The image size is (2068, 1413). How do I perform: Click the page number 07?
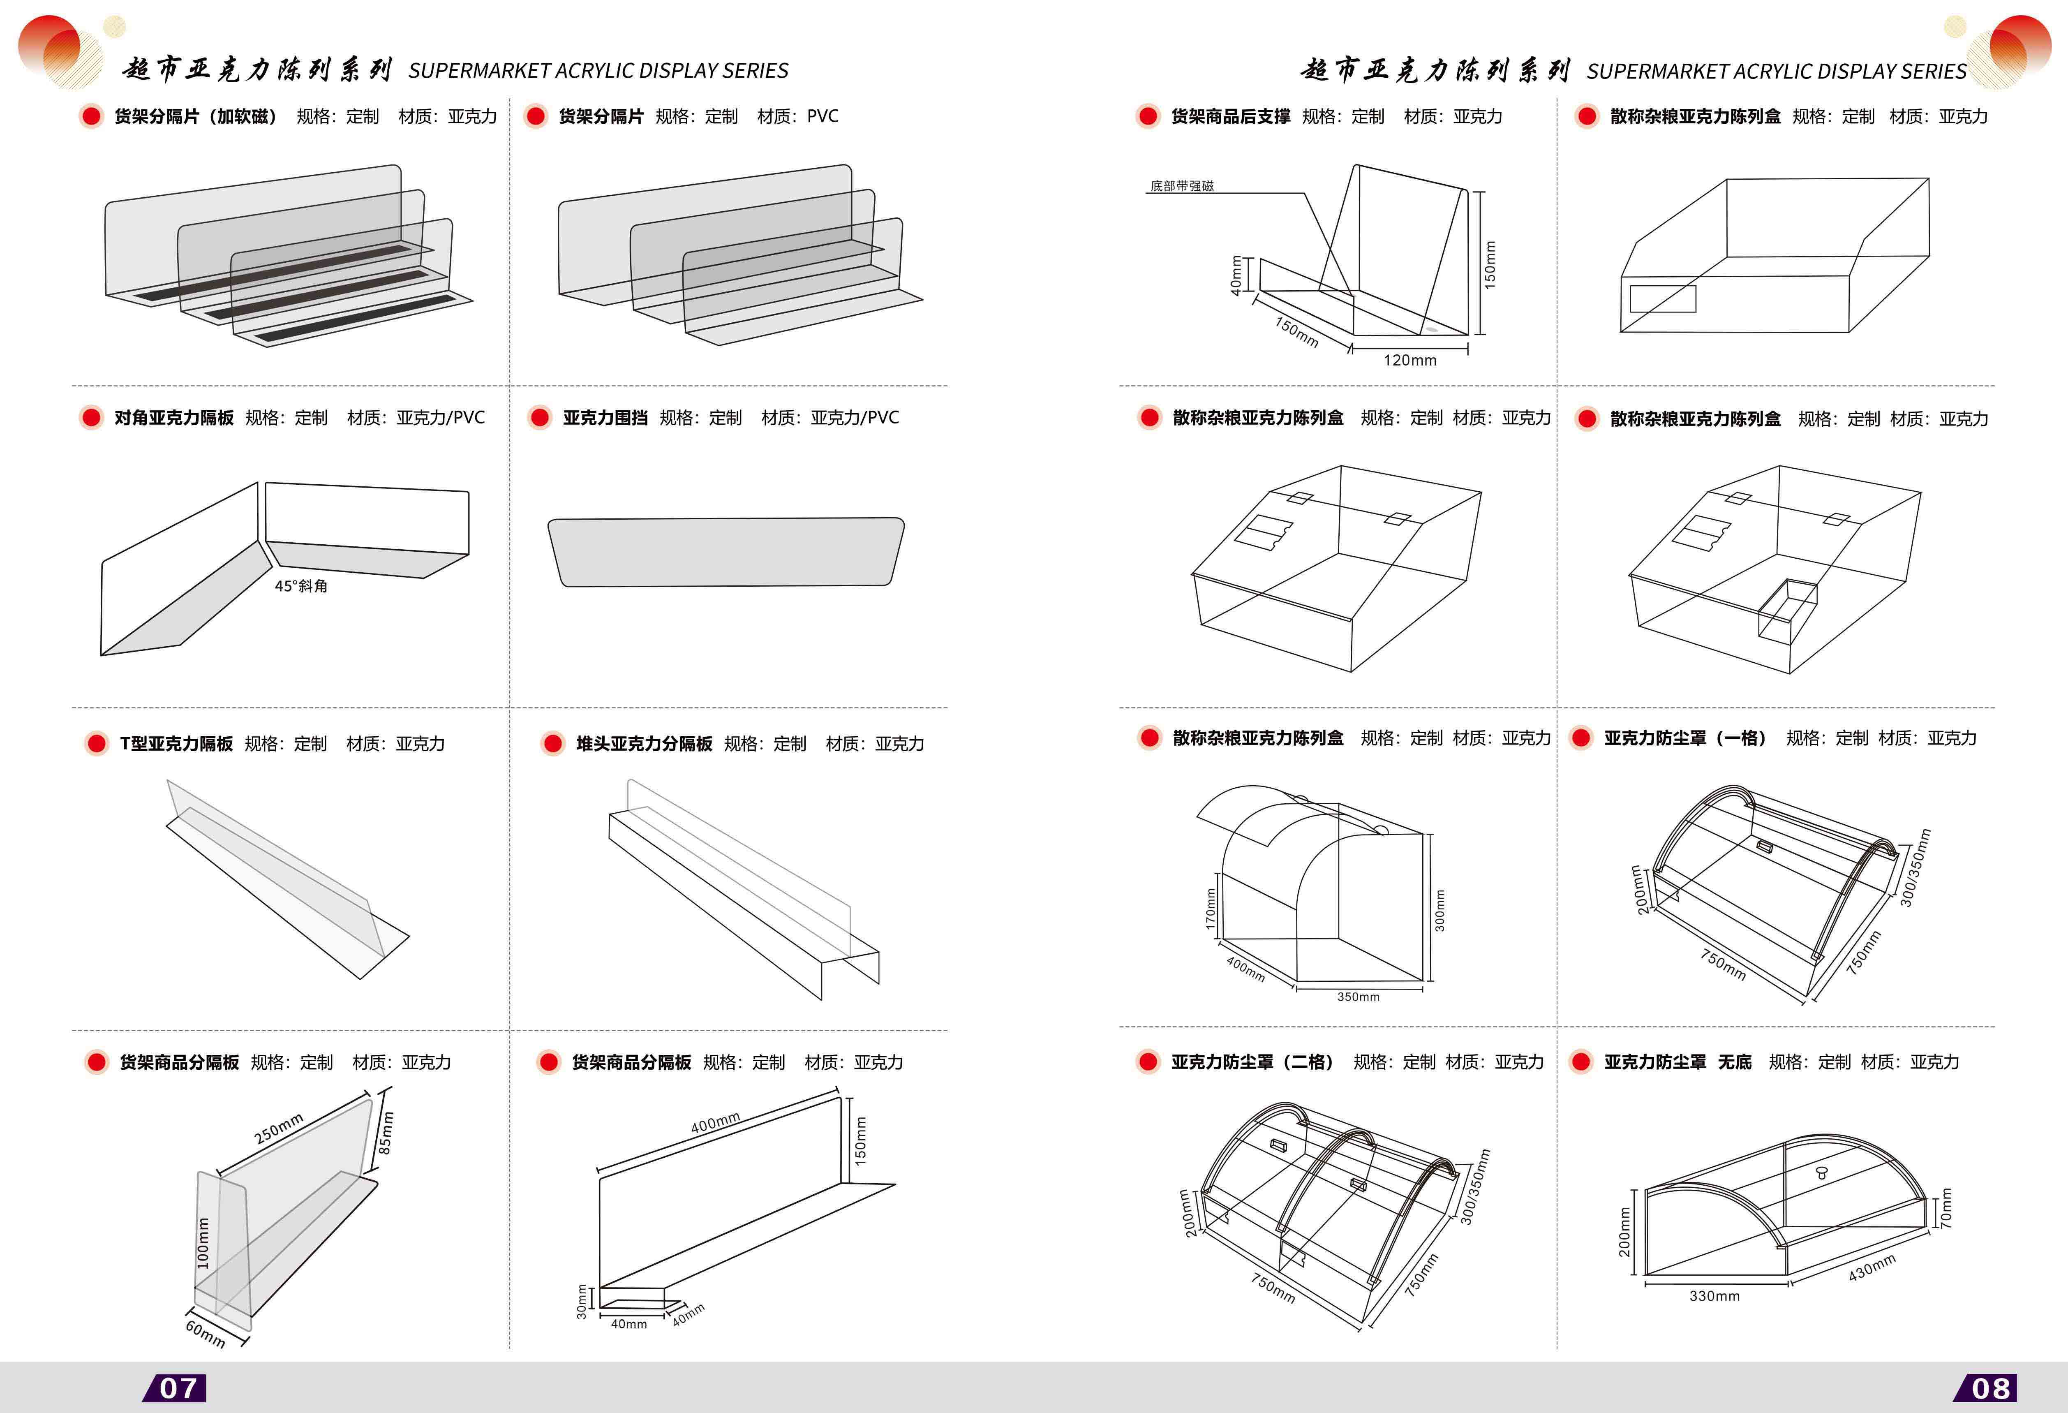point(178,1388)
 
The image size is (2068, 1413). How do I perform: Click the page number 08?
point(1991,1388)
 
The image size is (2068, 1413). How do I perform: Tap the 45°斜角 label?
point(301,585)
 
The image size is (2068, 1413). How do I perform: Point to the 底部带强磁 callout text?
point(1182,186)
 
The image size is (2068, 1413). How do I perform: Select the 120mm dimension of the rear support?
point(1409,361)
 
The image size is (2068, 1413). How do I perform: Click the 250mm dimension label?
point(279,1128)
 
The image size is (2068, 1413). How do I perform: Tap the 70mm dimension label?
point(1946,1208)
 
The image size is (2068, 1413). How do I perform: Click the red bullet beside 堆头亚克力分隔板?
point(552,744)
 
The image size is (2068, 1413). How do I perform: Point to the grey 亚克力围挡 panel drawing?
point(725,552)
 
